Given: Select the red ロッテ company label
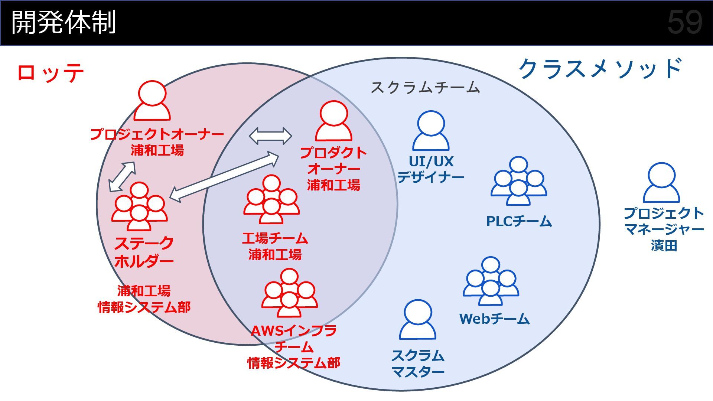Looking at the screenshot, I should [x=51, y=73].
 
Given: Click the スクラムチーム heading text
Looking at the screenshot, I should [x=425, y=88].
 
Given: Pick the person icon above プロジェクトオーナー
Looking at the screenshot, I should [x=152, y=101].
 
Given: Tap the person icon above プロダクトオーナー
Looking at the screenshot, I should [x=333, y=121].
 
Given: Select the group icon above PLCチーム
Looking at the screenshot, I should [x=519, y=182].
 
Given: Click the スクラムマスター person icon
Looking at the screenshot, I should [x=418, y=320].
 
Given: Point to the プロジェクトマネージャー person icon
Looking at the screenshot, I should [x=661, y=183].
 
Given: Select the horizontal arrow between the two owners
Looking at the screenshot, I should [x=270, y=136].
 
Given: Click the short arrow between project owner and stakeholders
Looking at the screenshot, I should [x=122, y=177].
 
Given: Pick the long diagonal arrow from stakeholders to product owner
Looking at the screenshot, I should [x=224, y=177].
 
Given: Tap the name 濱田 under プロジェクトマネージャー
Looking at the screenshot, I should [x=664, y=246].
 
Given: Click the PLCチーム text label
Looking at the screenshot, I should [x=519, y=222].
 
